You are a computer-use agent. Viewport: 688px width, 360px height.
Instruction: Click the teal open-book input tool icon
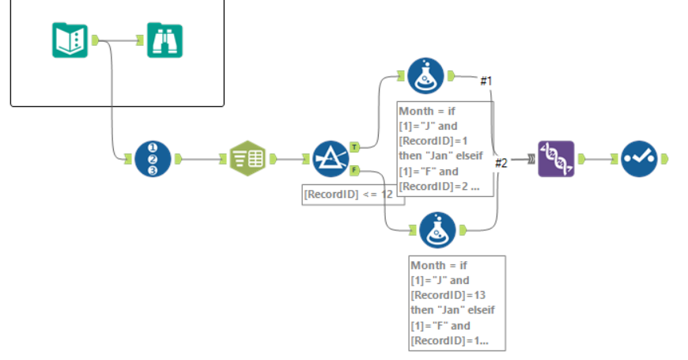(x=70, y=40)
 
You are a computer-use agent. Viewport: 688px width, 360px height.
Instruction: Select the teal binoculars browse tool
(x=164, y=40)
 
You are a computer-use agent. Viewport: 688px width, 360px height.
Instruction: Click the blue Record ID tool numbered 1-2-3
(x=153, y=158)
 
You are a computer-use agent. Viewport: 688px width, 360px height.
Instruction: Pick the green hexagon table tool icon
(x=247, y=158)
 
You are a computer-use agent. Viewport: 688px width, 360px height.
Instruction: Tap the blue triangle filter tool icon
(x=331, y=158)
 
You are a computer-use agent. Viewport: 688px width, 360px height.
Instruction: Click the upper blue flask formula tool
(x=425, y=76)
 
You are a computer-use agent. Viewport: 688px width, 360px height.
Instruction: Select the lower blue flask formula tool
(x=437, y=230)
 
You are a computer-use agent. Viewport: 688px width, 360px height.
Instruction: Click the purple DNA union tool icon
(x=556, y=158)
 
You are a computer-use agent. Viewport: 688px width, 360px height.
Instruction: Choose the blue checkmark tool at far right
(x=639, y=158)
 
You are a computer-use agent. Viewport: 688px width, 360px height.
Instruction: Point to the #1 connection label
(x=487, y=81)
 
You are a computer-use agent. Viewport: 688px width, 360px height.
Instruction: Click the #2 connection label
(x=501, y=163)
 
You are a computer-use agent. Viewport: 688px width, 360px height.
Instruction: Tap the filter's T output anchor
(x=355, y=146)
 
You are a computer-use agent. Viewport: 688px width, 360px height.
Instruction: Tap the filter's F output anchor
(x=355, y=169)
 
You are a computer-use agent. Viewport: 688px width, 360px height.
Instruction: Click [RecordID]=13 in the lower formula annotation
(x=444, y=294)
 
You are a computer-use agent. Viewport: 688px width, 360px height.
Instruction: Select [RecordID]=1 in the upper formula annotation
(x=433, y=140)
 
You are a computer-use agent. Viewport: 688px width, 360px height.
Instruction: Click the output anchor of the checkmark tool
(x=664, y=158)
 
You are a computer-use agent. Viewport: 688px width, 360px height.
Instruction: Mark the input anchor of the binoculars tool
(x=141, y=40)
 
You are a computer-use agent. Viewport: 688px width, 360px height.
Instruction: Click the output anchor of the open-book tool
(x=95, y=40)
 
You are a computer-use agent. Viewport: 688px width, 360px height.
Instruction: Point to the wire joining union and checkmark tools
(x=600, y=158)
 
